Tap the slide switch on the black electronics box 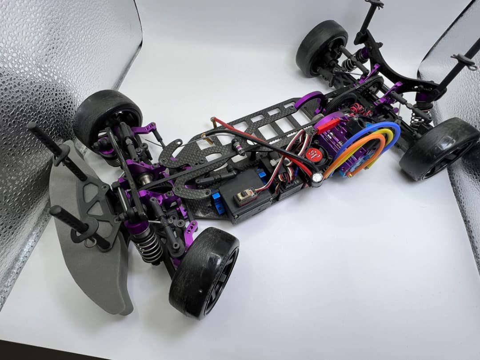[245, 196]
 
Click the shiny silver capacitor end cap [317, 179]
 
